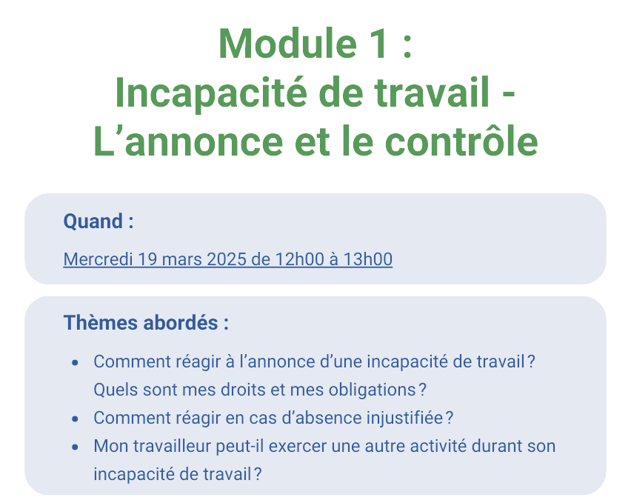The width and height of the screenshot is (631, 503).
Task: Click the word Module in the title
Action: [x=288, y=44]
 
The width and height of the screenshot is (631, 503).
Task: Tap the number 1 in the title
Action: [x=378, y=44]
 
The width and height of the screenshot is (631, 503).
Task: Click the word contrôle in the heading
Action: [x=461, y=141]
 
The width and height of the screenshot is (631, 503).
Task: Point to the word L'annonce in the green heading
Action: [x=188, y=141]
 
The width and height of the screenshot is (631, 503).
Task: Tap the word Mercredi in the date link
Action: [x=98, y=259]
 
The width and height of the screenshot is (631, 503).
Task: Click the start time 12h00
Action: [x=300, y=259]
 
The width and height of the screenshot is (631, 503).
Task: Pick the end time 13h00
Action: [x=368, y=259]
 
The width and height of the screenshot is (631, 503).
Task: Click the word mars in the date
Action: [x=182, y=259]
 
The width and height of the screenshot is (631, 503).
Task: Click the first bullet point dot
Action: [x=75, y=363]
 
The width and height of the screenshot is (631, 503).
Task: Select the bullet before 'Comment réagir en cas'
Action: [x=75, y=419]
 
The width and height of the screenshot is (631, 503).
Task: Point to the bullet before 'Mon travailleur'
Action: [x=75, y=447]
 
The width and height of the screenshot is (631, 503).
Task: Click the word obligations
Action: [x=373, y=390]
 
